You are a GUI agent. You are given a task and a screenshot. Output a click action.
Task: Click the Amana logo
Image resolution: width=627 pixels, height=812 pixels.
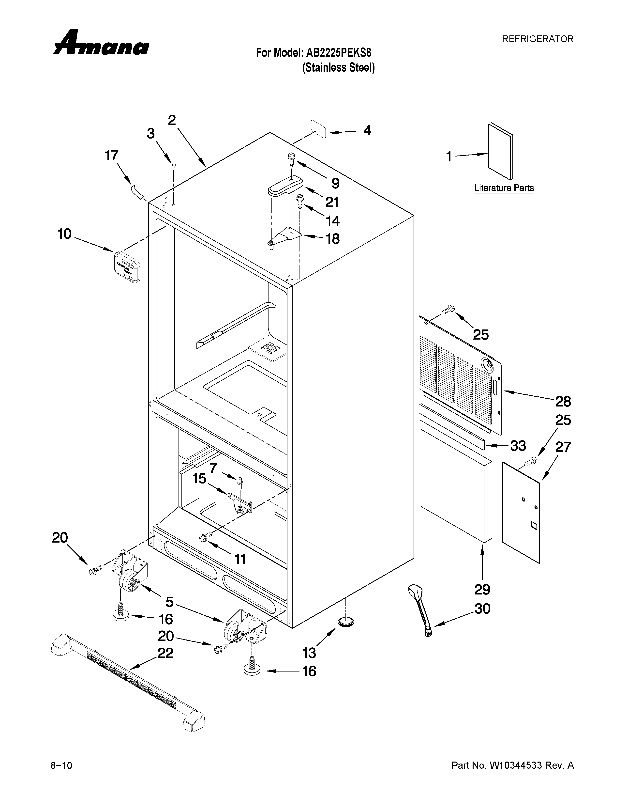[x=101, y=44]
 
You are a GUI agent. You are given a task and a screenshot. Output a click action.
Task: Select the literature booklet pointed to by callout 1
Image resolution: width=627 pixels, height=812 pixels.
[x=500, y=151]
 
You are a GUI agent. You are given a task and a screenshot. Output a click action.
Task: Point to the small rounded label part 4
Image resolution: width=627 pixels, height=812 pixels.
[x=319, y=129]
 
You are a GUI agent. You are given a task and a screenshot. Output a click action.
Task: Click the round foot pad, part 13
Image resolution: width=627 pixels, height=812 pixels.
[x=345, y=621]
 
